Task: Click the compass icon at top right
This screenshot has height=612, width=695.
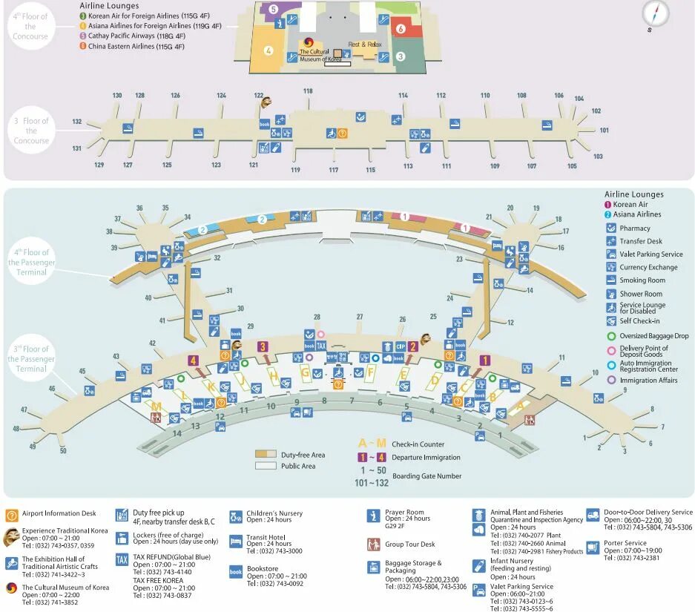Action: tap(655, 13)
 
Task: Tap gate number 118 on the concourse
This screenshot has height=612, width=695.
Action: tap(308, 91)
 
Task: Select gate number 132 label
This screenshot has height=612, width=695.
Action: tap(77, 121)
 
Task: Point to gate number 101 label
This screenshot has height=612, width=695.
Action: tap(605, 130)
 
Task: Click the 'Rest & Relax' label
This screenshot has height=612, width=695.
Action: tap(365, 45)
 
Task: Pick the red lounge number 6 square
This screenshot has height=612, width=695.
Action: tap(401, 29)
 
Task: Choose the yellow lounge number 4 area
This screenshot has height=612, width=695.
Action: tap(269, 51)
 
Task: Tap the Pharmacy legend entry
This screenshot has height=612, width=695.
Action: tap(635, 228)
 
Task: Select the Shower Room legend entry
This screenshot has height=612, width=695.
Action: tap(641, 294)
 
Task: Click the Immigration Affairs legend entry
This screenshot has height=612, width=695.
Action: tap(648, 381)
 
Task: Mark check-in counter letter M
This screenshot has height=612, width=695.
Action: tap(157, 406)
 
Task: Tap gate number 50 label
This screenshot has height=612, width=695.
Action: tap(63, 450)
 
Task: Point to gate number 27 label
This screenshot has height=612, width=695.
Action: tap(360, 317)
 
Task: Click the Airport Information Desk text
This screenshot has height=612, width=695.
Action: tap(59, 513)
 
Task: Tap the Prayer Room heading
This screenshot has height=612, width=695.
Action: tap(404, 512)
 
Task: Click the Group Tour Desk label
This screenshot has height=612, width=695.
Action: tap(410, 544)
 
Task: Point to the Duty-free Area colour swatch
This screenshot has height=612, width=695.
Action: tap(266, 454)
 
